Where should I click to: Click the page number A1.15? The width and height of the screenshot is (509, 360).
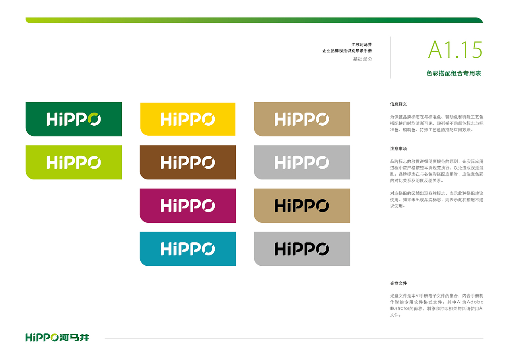pyautogui.click(x=455, y=50)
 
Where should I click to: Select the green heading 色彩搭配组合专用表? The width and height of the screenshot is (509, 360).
pyautogui.click(x=454, y=73)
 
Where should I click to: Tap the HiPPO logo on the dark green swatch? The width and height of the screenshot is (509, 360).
pyautogui.click(x=74, y=119)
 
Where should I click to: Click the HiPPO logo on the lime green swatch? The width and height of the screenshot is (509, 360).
pyautogui.click(x=74, y=162)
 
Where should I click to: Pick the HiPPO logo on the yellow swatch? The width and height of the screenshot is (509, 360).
pyautogui.click(x=188, y=119)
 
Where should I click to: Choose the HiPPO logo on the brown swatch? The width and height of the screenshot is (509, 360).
pyautogui.click(x=188, y=162)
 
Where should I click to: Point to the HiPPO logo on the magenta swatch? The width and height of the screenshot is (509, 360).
pyautogui.click(x=188, y=206)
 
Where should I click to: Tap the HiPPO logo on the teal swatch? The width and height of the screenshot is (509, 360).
pyautogui.click(x=188, y=249)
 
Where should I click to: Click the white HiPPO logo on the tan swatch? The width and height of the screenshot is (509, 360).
pyautogui.click(x=302, y=119)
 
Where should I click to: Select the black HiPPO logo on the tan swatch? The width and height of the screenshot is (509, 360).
pyautogui.click(x=302, y=206)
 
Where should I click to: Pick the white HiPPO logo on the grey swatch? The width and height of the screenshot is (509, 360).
pyautogui.click(x=302, y=162)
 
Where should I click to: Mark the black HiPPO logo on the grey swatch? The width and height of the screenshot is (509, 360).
pyautogui.click(x=302, y=249)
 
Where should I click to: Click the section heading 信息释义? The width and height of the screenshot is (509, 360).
pyautogui.click(x=398, y=104)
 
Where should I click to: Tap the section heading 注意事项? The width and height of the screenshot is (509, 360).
pyautogui.click(x=398, y=149)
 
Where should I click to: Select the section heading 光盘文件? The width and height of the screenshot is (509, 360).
pyautogui.click(x=398, y=283)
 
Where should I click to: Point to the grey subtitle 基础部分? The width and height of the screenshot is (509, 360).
pyautogui.click(x=362, y=59)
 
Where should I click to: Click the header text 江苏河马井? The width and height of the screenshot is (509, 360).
pyautogui.click(x=361, y=45)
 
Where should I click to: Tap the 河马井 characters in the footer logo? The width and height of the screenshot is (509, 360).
pyautogui.click(x=74, y=337)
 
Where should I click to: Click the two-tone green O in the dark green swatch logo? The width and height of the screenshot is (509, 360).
pyautogui.click(x=94, y=119)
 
